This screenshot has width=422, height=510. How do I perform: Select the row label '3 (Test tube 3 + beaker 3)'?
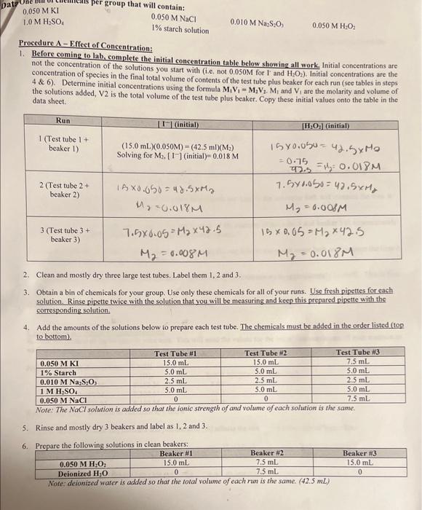coord(63,237)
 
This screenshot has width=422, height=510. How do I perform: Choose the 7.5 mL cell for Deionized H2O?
coord(269,471)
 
